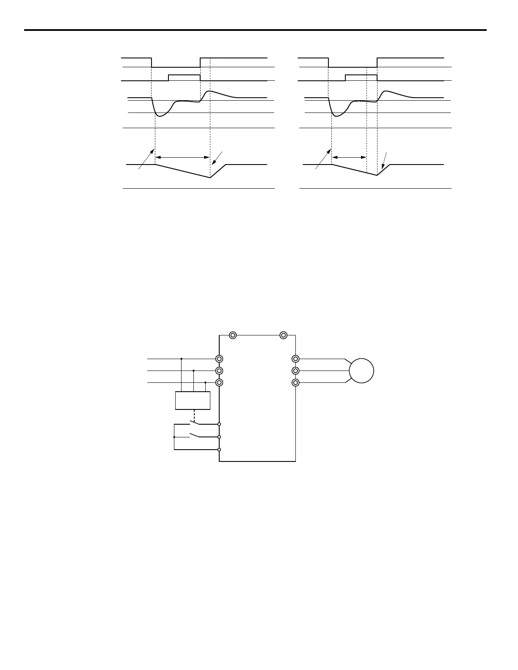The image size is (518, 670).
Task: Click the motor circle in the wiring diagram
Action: coord(361,371)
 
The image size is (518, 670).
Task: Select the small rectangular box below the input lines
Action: coord(193,401)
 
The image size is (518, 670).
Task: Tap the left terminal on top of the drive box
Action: coord(232,335)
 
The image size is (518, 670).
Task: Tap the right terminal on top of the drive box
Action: coord(284,335)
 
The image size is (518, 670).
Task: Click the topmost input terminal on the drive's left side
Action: coord(219,359)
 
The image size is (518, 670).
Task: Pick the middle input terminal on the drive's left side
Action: coord(219,371)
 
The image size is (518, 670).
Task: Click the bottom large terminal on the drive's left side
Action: coord(219,382)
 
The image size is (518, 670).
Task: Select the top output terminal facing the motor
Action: coord(295,359)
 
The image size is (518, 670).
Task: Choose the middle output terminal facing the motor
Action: coord(295,371)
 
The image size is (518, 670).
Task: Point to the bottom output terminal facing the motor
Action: coord(295,382)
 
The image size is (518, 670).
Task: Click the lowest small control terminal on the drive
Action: coord(219,450)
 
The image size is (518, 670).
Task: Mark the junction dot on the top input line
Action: coord(181,359)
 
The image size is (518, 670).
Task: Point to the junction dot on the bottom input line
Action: coord(205,382)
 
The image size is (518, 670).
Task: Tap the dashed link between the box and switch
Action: coord(193,415)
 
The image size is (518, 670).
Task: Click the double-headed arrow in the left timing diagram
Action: coord(183,157)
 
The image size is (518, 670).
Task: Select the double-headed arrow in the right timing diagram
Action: coord(349,157)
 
